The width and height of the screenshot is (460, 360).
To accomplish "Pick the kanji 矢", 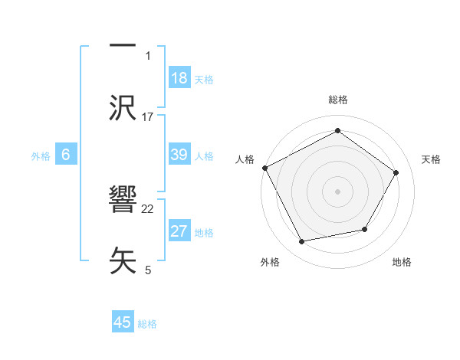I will click(x=123, y=260).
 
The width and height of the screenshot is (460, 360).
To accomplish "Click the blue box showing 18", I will click(x=179, y=79).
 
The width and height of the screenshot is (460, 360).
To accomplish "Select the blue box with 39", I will click(x=179, y=155).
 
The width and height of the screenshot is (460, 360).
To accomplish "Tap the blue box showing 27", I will click(x=179, y=232).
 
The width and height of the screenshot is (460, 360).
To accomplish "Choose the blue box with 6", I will click(x=66, y=155).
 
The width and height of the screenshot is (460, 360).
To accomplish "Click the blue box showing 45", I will click(x=123, y=322).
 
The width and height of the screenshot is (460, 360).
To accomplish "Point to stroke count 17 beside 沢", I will click(x=148, y=117).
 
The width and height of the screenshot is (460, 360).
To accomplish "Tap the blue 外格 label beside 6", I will click(x=41, y=156).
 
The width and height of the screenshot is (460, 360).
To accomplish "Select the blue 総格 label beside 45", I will click(x=147, y=324).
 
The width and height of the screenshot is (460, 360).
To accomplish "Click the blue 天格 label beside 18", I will click(x=204, y=80).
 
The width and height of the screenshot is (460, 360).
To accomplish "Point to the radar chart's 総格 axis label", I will click(x=337, y=100).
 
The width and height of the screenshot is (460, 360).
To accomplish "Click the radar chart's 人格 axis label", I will click(x=245, y=159).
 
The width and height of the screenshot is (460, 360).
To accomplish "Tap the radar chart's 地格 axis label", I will click(x=402, y=262).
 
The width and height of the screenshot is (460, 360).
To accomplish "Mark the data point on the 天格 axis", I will click(x=396, y=172).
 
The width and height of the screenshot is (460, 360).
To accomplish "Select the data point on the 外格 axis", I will click(x=301, y=242).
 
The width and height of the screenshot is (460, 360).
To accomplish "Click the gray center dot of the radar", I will click(x=337, y=191).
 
